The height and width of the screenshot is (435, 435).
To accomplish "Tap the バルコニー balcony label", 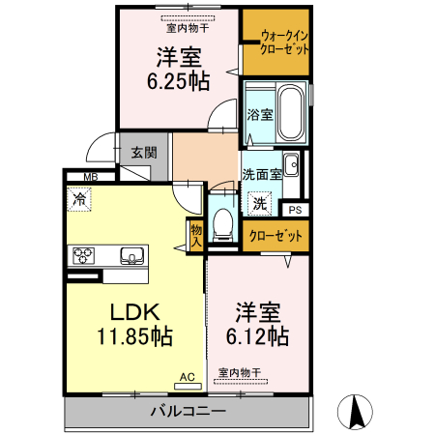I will [x=188, y=412].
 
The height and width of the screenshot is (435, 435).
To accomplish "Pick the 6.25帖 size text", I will [x=178, y=81].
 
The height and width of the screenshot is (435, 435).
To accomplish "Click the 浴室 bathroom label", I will [x=259, y=114].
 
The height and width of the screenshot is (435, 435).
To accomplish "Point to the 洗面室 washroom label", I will [x=261, y=175].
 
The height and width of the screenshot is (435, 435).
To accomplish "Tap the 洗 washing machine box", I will [x=259, y=204].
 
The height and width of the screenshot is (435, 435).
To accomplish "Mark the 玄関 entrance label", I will [x=144, y=151].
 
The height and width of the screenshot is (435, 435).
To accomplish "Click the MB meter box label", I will [x=90, y=176].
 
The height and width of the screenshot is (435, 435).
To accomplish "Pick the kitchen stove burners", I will [x=81, y=256].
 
